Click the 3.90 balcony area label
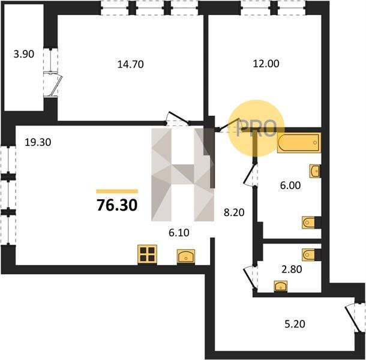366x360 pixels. click(x=24, y=54)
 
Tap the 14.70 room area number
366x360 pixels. click(x=130, y=64)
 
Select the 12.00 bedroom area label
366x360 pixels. click(x=266, y=64)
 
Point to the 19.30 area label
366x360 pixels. click(x=38, y=142)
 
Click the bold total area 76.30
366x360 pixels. click(x=117, y=205)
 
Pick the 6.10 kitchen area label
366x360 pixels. click(x=179, y=233)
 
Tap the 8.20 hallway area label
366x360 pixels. click(x=234, y=212)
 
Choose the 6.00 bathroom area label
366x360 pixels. click(x=290, y=185)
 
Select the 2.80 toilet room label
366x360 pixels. click(x=292, y=269)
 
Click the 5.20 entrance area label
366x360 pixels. click(x=295, y=324)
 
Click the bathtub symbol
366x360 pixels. click(x=299, y=143)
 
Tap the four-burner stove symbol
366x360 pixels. click(x=147, y=254)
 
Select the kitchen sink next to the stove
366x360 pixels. click(x=186, y=257)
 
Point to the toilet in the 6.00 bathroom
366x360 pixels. click(x=308, y=223)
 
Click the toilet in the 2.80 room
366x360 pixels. click(x=308, y=255)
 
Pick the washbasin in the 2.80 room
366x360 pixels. click(x=281, y=286)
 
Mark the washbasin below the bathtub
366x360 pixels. click(x=315, y=171)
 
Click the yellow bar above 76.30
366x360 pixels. click(x=117, y=191)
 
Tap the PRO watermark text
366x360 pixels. click(x=256, y=128)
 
